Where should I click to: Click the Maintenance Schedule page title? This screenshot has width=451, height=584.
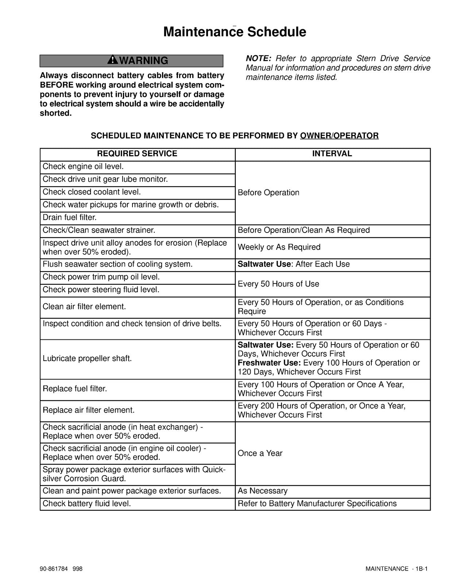235,32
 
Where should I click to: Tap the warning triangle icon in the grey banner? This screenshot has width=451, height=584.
113,60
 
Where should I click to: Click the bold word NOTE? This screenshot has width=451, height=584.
258,58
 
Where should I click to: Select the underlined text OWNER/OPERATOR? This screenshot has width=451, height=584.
339,136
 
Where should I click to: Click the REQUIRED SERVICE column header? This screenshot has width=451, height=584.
137,154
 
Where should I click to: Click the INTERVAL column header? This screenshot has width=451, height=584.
332,154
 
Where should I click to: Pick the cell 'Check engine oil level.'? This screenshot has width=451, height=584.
83,167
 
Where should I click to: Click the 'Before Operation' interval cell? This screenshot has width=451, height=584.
269,193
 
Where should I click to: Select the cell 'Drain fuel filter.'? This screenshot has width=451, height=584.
70,218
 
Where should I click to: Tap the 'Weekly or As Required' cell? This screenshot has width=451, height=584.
279,247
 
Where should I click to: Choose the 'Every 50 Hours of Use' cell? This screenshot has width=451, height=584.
278,284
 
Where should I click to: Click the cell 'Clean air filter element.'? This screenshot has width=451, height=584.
84,307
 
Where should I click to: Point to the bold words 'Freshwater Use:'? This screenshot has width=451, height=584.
269,363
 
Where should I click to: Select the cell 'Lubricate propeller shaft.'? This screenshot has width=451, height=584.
87,358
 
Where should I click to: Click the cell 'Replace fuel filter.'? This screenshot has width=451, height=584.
75,389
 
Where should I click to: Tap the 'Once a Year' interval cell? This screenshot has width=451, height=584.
260,453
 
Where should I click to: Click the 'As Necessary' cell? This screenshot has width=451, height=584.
263,491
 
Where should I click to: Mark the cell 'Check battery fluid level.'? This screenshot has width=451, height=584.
87,504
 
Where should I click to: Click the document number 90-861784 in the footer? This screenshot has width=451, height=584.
54,569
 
